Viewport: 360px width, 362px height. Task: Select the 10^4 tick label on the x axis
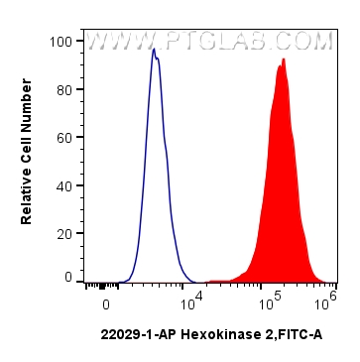click(190, 297)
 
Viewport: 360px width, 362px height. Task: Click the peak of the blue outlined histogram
click(154, 49)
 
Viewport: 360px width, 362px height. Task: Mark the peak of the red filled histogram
click(284, 60)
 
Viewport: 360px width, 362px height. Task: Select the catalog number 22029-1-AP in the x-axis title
click(135, 336)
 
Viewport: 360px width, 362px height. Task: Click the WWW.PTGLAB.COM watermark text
click(208, 42)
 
